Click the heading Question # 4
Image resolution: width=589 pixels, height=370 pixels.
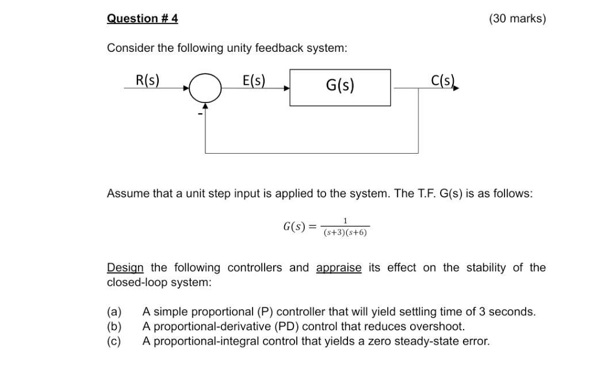(x=142, y=18)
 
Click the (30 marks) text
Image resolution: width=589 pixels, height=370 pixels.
(x=517, y=18)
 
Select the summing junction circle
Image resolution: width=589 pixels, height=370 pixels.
(x=205, y=88)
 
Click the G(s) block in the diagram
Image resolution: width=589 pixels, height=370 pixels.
(x=340, y=87)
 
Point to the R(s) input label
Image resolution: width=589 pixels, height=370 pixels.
(x=147, y=80)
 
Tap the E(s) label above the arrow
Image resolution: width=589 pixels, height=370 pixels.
(x=254, y=80)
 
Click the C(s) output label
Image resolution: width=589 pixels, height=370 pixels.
(x=443, y=80)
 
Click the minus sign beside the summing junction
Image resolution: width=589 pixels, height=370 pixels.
(x=200, y=114)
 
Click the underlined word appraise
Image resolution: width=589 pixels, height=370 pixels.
(x=339, y=268)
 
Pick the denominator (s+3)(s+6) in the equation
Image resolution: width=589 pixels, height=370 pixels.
(x=345, y=232)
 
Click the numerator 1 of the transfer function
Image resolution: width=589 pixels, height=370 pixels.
(x=345, y=221)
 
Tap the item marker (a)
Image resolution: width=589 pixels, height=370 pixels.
(x=114, y=312)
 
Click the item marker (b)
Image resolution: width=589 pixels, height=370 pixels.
(x=114, y=327)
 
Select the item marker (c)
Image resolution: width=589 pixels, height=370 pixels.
(x=114, y=341)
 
